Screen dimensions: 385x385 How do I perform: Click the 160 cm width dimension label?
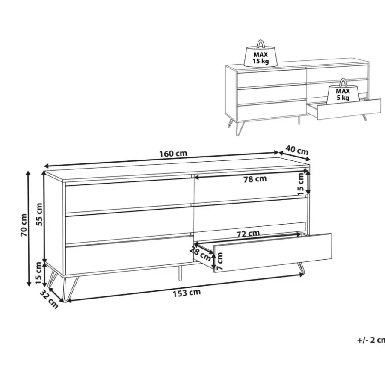(x=173, y=154)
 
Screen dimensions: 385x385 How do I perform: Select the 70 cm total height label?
(x=24, y=225)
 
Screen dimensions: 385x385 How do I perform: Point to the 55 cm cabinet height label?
(x=39, y=214)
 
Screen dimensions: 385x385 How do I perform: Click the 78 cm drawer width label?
(x=255, y=179)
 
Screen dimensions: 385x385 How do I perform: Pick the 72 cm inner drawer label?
(x=248, y=234)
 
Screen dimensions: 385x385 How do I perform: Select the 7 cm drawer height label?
(x=219, y=261)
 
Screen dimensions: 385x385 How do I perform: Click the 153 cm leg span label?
(x=187, y=293)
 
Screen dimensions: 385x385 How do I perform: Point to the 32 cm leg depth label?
(x=49, y=299)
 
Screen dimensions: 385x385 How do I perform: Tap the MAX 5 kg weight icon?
(x=343, y=92)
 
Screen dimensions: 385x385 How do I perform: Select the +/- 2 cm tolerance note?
(x=371, y=340)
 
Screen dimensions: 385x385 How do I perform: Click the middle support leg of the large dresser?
(x=180, y=273)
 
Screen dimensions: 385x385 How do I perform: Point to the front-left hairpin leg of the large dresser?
(x=71, y=289)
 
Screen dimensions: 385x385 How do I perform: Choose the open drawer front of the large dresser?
(x=272, y=253)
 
